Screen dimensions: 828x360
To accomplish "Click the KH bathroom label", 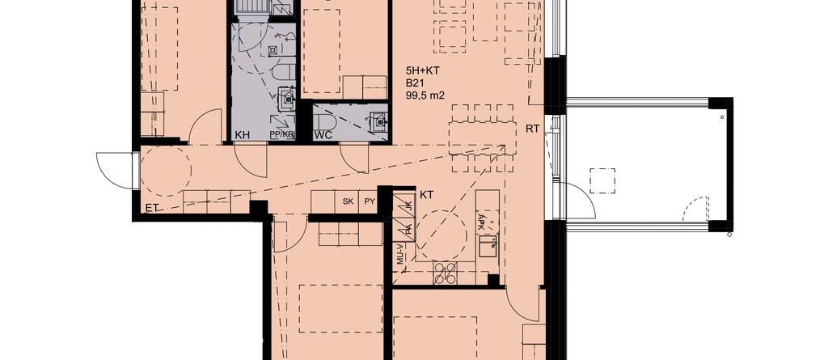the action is [243, 135].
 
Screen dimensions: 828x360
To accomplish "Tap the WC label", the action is [323, 135].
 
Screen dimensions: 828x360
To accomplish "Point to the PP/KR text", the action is [281, 135].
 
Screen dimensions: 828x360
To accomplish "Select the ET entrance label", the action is [152, 209].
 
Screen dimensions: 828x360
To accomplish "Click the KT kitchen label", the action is [427, 195].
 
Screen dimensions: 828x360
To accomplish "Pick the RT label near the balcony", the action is [532, 129].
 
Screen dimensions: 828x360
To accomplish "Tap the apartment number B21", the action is [414, 83].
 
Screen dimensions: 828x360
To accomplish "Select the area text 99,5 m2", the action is [425, 95].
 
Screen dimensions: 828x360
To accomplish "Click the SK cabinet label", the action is [348, 201].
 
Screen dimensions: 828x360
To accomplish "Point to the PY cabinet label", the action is [370, 201].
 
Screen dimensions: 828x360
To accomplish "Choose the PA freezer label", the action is [408, 228].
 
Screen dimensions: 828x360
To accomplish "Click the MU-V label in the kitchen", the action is [399, 254].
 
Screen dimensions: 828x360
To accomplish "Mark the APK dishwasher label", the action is [481, 220].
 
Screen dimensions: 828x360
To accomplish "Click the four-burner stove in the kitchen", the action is [445, 273].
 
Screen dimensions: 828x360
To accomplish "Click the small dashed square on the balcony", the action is [602, 180].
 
